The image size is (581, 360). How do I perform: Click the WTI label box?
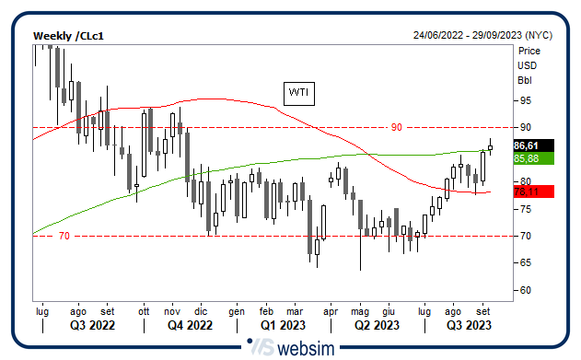click(x=298, y=93)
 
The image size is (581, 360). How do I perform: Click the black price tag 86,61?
click(x=526, y=145)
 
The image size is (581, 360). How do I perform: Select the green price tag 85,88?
click(x=526, y=158)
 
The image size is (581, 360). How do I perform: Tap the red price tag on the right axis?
click(x=526, y=192)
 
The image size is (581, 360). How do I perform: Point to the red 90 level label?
click(x=397, y=127)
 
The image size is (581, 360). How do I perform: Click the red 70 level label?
click(x=64, y=237)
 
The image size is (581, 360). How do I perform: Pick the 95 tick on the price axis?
click(x=525, y=99)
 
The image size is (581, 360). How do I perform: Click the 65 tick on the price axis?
click(x=525, y=263)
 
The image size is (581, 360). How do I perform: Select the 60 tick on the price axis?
click(x=525, y=291)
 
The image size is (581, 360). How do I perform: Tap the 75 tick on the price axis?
click(x=525, y=209)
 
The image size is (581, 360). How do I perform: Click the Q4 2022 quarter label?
click(x=190, y=325)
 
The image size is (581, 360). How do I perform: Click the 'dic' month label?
click(x=201, y=311)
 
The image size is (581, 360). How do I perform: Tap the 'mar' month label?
click(x=295, y=311)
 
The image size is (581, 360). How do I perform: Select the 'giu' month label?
click(x=389, y=311)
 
